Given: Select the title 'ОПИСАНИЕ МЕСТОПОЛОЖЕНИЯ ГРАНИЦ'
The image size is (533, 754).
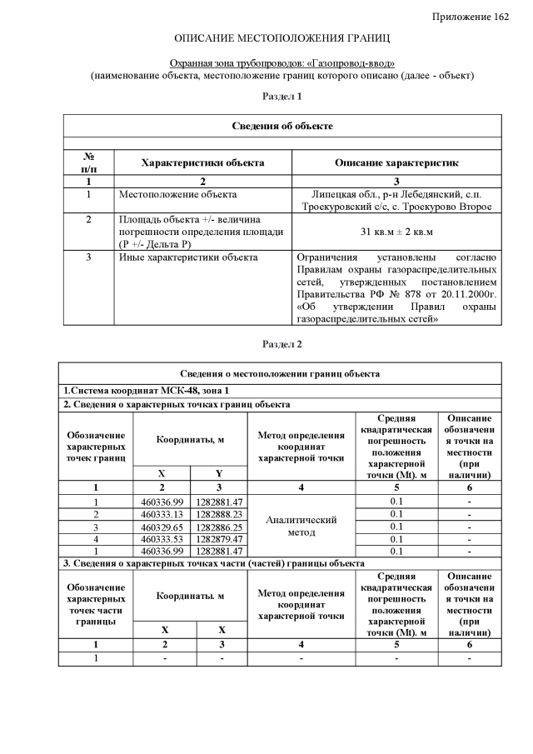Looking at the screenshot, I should point(281,39).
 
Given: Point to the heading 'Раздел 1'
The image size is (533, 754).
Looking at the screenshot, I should point(281,97).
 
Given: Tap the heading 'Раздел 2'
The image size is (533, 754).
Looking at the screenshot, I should point(281,344).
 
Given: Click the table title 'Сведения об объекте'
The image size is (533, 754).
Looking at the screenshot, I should point(282,126).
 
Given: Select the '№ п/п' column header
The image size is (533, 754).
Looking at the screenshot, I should point(88,162).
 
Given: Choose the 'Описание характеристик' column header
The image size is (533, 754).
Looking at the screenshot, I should point(396,163).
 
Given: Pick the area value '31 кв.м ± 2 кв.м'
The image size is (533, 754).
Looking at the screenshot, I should point(396,231).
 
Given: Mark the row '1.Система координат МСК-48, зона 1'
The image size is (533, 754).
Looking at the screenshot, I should point(147,391).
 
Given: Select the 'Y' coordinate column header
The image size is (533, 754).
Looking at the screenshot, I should point(222,473).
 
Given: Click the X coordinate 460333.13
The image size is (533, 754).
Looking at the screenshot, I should point(164,515).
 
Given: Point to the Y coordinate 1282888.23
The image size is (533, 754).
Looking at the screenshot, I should point(221,515).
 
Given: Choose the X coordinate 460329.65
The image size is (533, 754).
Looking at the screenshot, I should point(164,527).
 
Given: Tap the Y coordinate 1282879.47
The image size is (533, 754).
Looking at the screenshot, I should point(221,539).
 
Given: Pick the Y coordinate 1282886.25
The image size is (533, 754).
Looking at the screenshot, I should point(221,527).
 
